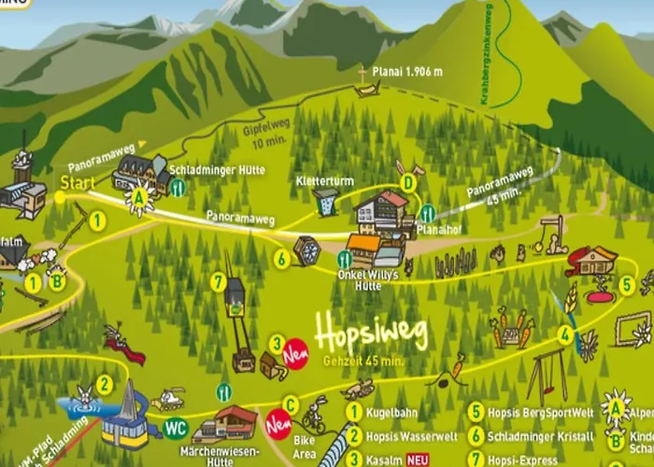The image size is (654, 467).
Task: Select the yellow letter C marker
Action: pyautogui.click(x=292, y=404)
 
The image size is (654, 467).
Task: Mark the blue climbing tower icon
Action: pyautogui.click(x=326, y=201)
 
